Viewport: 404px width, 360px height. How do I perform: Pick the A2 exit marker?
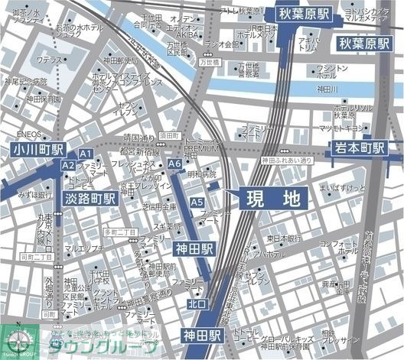(69, 165)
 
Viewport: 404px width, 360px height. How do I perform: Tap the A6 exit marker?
(174, 164)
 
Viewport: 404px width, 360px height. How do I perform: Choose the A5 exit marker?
(197, 202)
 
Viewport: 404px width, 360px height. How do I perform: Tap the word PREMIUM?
(201, 147)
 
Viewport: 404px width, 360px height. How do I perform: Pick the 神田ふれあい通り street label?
(286, 161)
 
